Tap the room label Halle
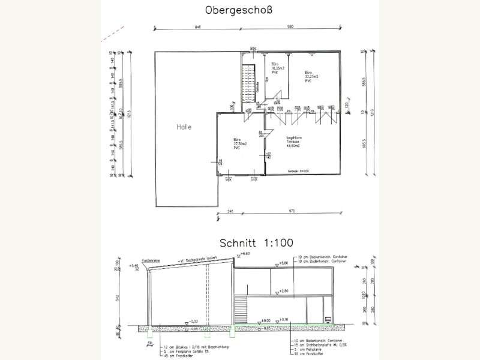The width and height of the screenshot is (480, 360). tap(184, 127)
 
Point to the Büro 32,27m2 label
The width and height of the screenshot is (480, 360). tap(310, 76)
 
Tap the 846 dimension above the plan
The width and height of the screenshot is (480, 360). tap(197, 27)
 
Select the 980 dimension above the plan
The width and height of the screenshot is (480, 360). tap(289, 27)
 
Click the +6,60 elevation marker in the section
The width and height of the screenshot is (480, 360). tap(244, 254)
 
